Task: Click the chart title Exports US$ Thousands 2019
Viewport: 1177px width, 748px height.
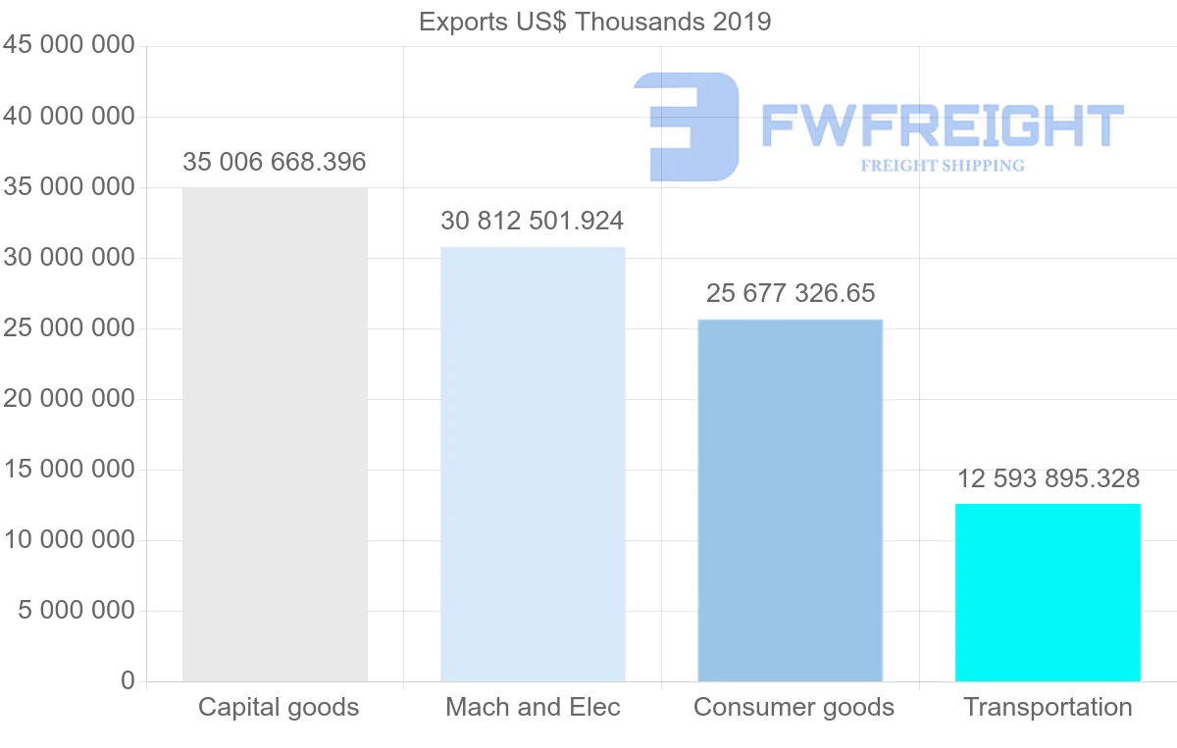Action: tap(594, 22)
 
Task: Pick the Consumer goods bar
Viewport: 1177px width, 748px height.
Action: tap(790, 500)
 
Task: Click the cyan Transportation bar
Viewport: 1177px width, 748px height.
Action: tap(1048, 592)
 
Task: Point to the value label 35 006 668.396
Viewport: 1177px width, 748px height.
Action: tap(274, 162)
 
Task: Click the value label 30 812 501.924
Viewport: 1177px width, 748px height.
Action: tap(532, 221)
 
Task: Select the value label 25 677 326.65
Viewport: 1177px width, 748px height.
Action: tap(791, 293)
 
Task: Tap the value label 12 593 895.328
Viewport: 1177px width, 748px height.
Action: tap(1049, 478)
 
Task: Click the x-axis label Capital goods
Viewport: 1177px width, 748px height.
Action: tap(279, 707)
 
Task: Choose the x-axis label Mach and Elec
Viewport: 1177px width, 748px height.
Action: tap(533, 707)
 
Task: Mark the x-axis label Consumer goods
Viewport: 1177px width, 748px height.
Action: tap(793, 707)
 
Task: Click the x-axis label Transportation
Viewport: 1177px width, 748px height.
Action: tap(1048, 707)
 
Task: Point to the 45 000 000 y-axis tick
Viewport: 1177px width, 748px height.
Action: tap(69, 46)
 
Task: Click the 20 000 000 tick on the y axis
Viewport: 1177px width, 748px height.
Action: tap(69, 399)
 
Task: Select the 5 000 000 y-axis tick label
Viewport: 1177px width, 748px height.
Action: tap(76, 611)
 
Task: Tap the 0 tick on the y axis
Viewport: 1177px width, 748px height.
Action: tap(128, 680)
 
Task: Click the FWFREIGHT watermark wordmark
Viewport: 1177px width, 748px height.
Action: tap(942, 125)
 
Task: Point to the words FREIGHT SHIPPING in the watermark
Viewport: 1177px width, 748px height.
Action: tap(943, 166)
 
